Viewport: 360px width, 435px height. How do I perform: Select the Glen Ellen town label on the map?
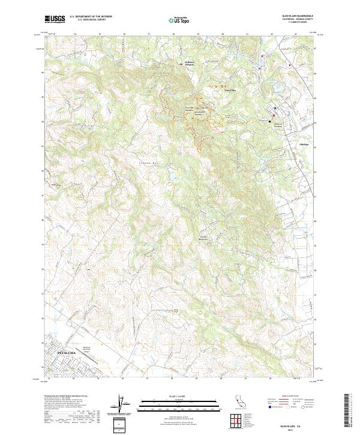(231, 90)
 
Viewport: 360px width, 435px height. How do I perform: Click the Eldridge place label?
(305, 144)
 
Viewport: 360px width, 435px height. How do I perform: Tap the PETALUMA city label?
(67, 355)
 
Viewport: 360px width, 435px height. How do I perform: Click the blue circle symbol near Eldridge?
(275, 109)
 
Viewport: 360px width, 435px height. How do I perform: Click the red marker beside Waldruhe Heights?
(182, 64)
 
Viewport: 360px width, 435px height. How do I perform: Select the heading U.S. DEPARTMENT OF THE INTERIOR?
(91, 17)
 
